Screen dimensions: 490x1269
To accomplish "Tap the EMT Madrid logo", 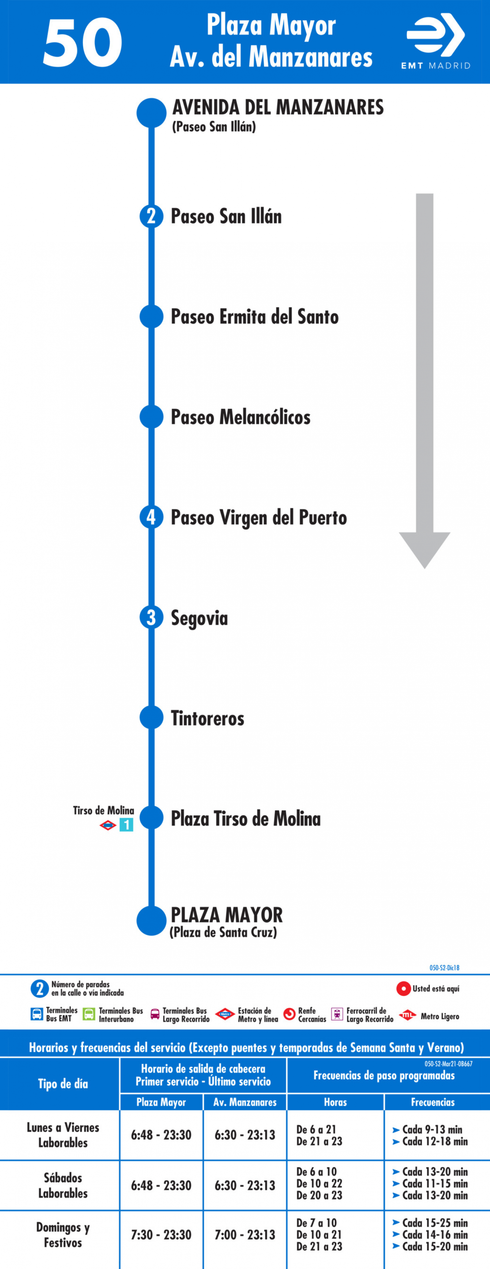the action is [x=436, y=42].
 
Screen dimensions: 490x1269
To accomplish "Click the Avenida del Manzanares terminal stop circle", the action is [x=151, y=113].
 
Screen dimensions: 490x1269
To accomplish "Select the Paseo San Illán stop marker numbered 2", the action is [x=151, y=216].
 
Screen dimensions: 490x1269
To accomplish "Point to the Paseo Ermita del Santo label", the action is [x=254, y=317].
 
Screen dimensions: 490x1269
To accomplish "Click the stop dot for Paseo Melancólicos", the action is [x=151, y=417].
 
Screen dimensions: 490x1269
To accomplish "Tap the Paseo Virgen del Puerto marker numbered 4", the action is [x=151, y=517].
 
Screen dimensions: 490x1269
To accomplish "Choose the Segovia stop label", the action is [x=199, y=618].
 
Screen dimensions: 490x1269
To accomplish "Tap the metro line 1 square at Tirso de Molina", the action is [x=126, y=825].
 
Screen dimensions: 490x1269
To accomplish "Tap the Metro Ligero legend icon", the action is [x=407, y=1015].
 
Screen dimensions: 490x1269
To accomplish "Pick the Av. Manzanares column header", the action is [x=245, y=1102].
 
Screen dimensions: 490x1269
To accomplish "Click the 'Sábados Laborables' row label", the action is [x=63, y=1186].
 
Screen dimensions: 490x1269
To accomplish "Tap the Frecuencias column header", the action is [x=433, y=1102].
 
